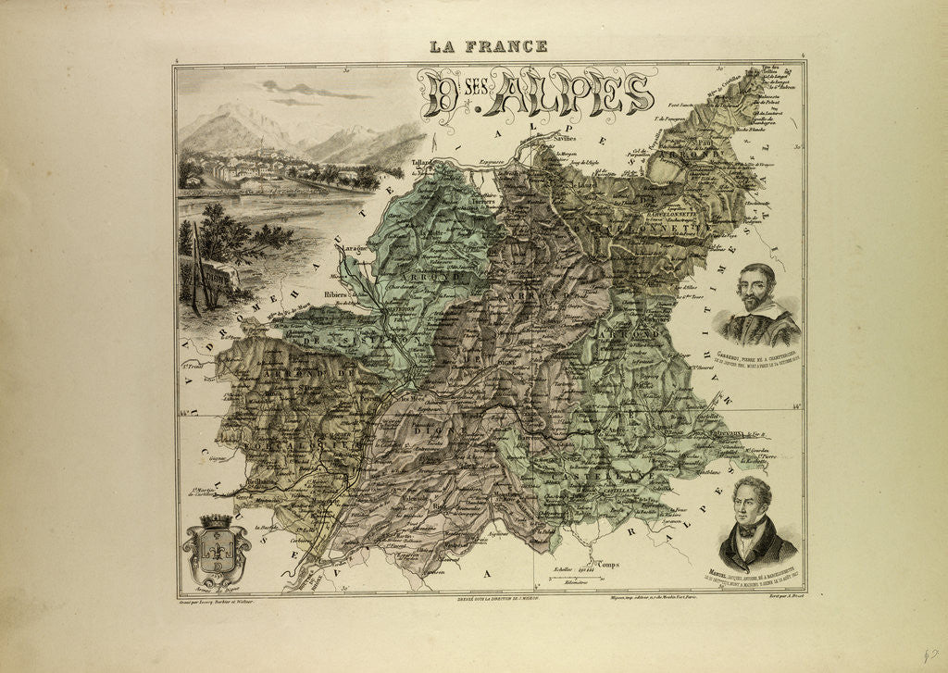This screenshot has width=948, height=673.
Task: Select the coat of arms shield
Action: click(216, 553)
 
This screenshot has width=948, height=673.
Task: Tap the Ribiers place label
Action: click(336, 295)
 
